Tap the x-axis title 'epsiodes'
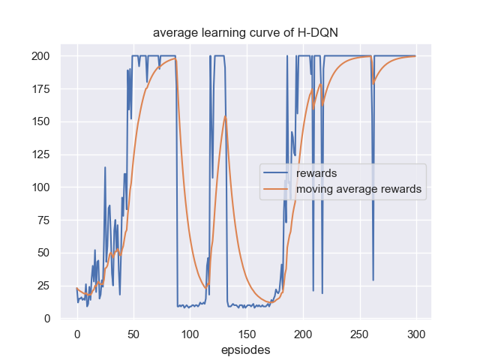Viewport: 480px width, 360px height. [246, 349]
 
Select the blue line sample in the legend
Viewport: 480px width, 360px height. [277, 175]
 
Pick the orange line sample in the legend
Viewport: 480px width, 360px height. [277, 190]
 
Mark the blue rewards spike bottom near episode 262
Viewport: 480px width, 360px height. [373, 280]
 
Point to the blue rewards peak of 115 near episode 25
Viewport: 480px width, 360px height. [105, 167]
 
